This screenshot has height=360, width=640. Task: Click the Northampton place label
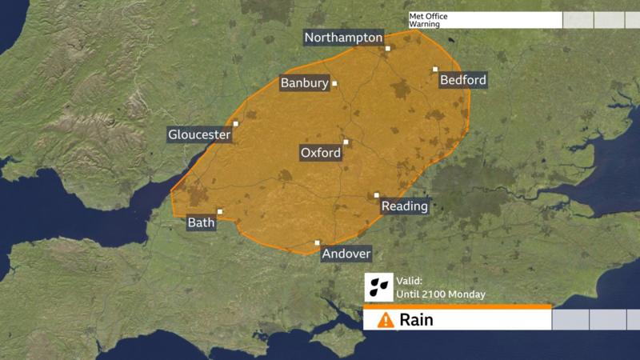point(344,38)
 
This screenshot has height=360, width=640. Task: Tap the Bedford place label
point(463,81)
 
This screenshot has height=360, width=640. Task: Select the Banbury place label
point(304,83)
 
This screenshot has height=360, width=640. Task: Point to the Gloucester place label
point(199,135)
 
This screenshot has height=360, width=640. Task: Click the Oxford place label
point(321,153)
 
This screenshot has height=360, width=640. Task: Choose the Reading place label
point(404,206)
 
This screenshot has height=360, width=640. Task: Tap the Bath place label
point(201,222)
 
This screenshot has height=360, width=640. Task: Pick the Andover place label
point(346,254)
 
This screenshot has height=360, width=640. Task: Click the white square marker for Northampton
point(387,48)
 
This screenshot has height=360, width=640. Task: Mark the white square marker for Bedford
point(435,69)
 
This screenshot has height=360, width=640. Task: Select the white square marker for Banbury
point(334,83)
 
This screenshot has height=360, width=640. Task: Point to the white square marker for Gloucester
point(235,123)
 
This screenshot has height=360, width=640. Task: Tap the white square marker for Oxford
point(346,142)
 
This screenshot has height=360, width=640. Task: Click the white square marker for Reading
point(377,194)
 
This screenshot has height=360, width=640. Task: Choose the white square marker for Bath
point(219,211)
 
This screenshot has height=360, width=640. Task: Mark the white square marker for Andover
point(317,242)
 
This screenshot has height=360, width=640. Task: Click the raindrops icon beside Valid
point(378,286)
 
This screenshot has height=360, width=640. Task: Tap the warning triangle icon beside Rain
point(386,320)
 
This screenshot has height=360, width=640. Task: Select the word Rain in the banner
point(416,320)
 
